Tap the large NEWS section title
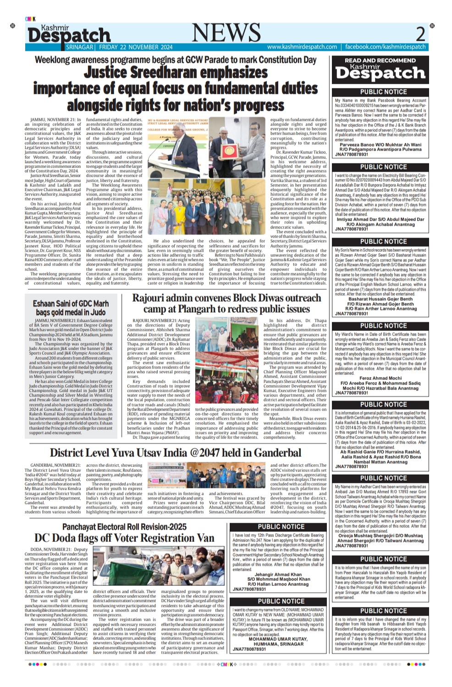click(226, 33)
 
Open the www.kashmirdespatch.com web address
click(302, 47)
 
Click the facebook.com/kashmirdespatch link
click(385, 47)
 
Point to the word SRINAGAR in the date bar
click(79, 47)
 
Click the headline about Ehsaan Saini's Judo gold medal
click(71, 308)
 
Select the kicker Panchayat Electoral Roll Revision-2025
click(124, 527)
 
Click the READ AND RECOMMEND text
click(380, 60)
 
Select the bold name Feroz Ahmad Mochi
click(380, 378)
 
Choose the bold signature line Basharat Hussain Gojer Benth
click(380, 299)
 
